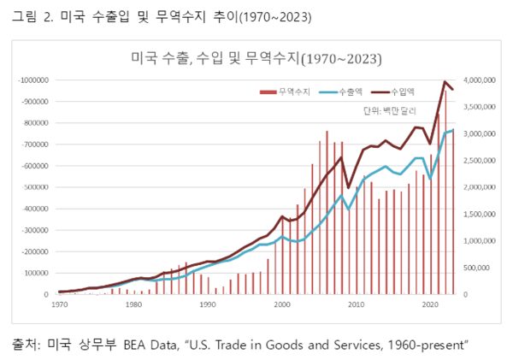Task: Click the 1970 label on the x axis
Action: [61, 304]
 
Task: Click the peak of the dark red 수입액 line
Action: [445, 82]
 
